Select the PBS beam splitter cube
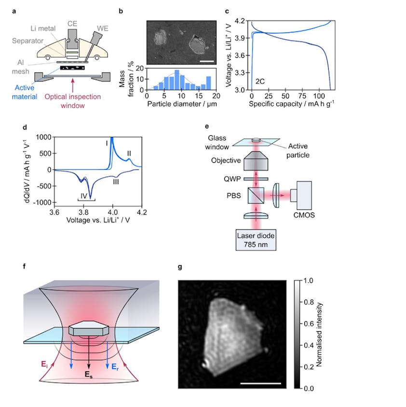pos(256,195)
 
